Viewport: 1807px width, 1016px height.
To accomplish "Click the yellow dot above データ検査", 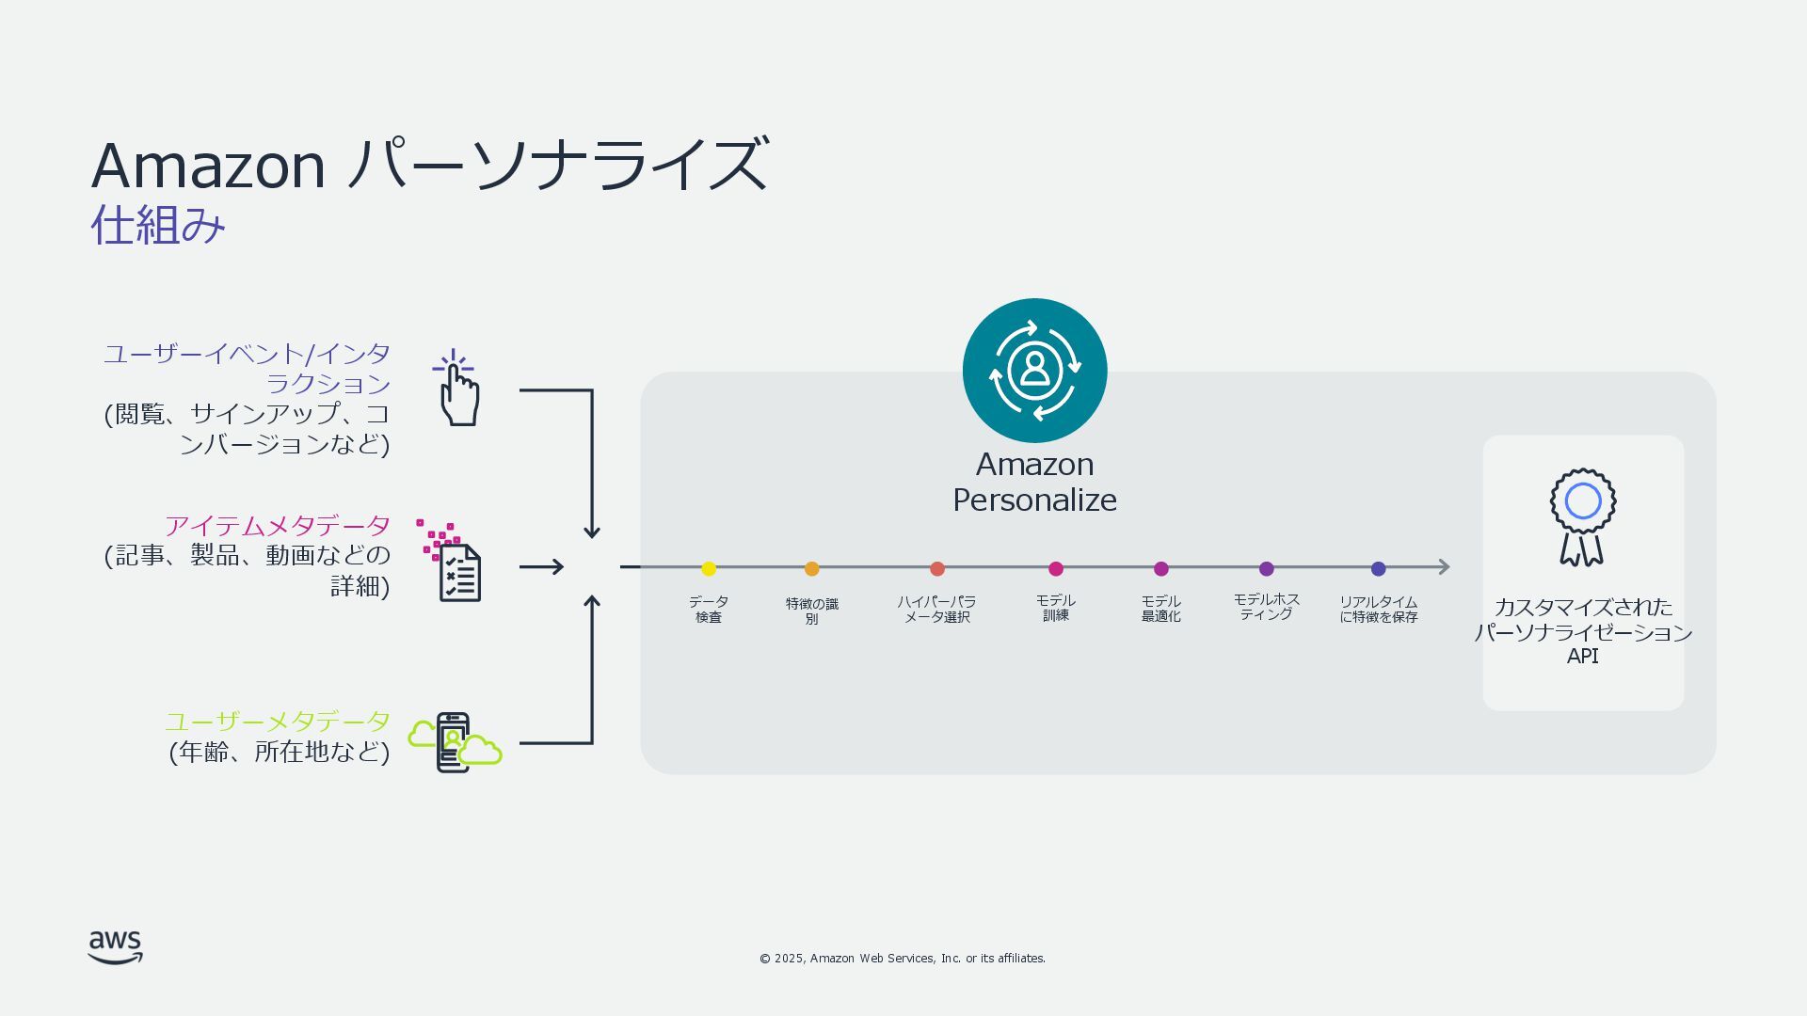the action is (x=709, y=568).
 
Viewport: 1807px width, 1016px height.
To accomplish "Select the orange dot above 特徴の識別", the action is (x=811, y=568).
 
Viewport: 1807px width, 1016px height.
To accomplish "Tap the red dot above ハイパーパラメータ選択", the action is (x=936, y=568).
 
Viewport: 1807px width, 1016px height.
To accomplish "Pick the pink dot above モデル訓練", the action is (x=1055, y=568).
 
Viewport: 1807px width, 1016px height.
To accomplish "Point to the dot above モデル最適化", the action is (x=1160, y=568).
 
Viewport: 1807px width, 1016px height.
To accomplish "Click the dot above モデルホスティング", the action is (x=1266, y=568).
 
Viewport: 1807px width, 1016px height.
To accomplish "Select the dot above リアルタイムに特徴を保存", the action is (x=1378, y=568).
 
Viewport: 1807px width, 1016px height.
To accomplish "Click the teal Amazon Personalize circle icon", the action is (x=1034, y=371).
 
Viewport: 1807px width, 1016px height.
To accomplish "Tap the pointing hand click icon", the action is (x=457, y=389).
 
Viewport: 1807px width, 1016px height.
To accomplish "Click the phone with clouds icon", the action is (x=455, y=742).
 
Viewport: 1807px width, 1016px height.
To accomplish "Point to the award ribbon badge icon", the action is (x=1582, y=516).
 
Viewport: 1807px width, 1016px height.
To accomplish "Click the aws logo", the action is (x=116, y=947).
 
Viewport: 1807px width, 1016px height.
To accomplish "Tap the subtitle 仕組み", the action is (x=158, y=226).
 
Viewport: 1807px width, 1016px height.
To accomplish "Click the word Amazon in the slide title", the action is (x=208, y=167).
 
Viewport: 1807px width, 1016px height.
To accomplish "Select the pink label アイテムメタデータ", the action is (x=277, y=525).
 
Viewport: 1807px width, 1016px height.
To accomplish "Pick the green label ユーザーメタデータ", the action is (x=277, y=722).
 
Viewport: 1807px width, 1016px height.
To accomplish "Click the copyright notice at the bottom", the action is (x=902, y=958).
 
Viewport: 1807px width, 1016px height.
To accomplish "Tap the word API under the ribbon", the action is (x=1582, y=657).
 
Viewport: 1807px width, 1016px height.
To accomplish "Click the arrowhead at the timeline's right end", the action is (x=1444, y=566).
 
